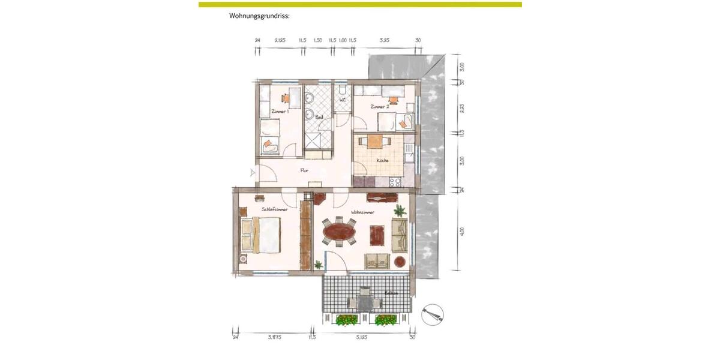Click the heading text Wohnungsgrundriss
tap(259, 16)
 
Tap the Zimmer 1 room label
tap(280, 112)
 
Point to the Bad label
tap(320, 118)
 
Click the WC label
tap(343, 100)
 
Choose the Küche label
tap(382, 160)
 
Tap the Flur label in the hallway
tap(304, 170)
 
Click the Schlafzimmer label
tap(275, 209)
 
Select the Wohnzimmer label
tap(363, 212)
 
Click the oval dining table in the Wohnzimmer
tap(339, 231)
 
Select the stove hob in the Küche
tap(395, 182)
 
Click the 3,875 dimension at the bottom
tap(274, 337)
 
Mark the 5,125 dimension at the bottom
tap(361, 337)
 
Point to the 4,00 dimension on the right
tap(461, 232)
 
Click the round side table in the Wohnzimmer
tap(400, 261)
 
